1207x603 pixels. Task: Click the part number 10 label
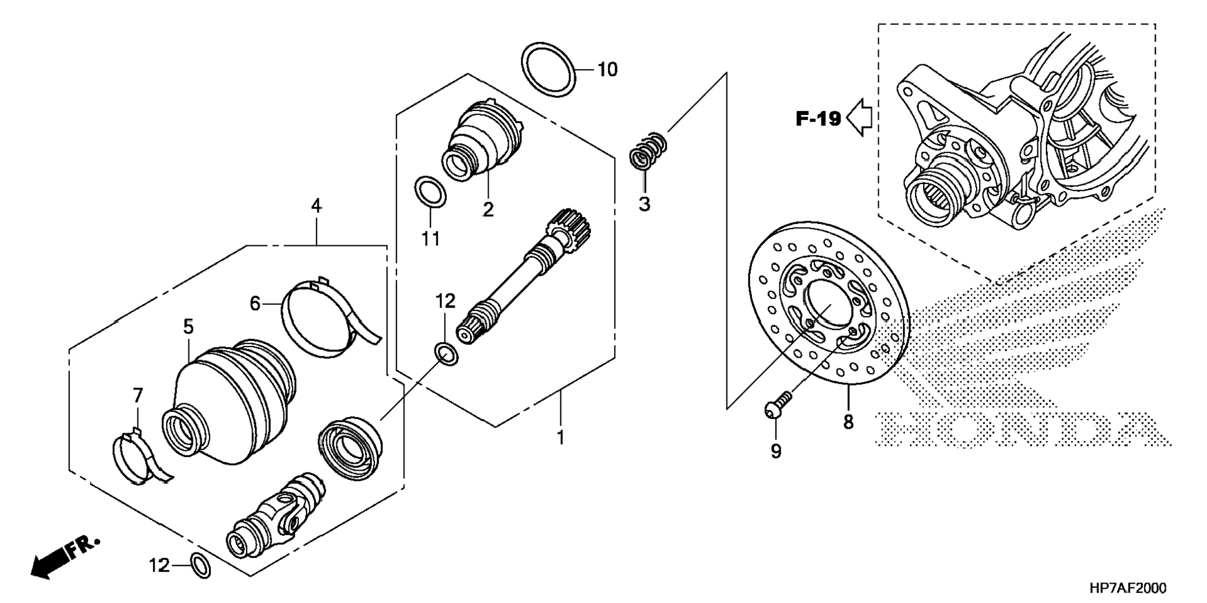(607, 69)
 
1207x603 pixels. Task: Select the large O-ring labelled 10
(548, 69)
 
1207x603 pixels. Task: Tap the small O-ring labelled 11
(431, 192)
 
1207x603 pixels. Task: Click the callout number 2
(488, 209)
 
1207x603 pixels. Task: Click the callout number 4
(316, 206)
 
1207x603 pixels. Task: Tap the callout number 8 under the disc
(848, 423)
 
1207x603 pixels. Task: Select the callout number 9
(776, 451)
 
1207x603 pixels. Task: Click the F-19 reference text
(818, 118)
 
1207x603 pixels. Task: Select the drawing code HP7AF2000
(1127, 588)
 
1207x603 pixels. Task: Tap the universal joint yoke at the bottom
(276, 516)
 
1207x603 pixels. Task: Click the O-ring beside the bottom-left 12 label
(201, 566)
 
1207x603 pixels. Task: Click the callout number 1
(560, 438)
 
